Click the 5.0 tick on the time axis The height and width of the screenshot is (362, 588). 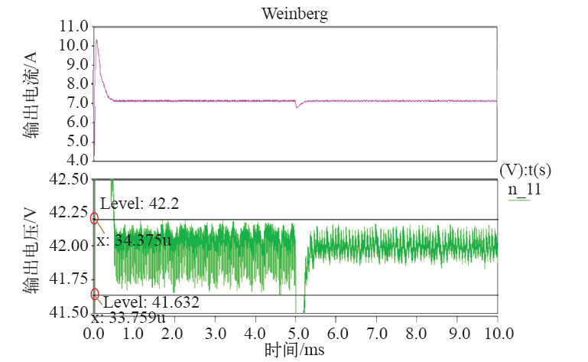[x=295, y=334]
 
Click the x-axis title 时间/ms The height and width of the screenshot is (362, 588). [x=295, y=350]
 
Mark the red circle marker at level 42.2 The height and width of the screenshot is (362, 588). [x=95, y=219]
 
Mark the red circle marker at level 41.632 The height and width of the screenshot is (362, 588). [x=95, y=294]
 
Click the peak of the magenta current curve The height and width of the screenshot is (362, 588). [x=96, y=41]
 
